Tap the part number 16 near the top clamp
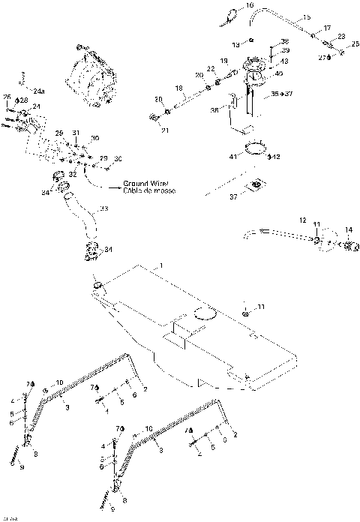pos(250,5)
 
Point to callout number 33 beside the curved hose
pos(103,208)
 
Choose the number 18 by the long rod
pos(178,88)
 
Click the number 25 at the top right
pos(355,44)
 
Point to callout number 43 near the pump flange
pos(284,61)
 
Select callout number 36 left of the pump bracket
pos(214,109)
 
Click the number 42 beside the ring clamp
pos(276,157)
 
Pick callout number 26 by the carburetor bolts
pos(7,97)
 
